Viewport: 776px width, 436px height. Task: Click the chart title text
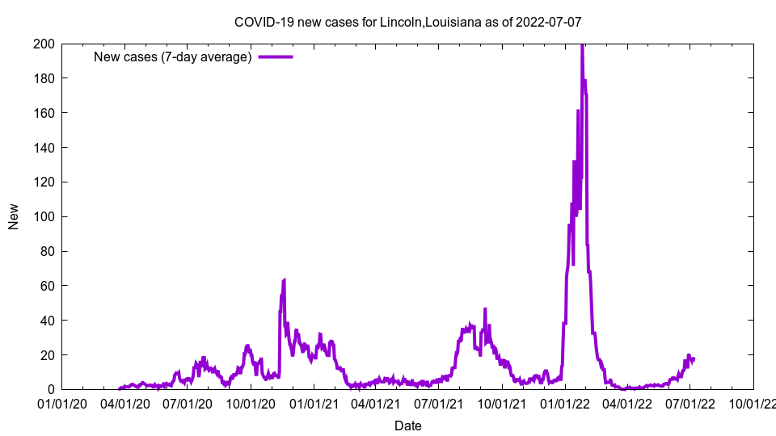pyautogui.click(x=407, y=22)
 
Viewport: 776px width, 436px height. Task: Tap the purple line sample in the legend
pyautogui.click(x=275, y=57)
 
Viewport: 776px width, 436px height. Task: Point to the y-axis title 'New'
pyautogui.click(x=14, y=216)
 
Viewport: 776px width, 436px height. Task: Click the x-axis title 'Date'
pyautogui.click(x=407, y=426)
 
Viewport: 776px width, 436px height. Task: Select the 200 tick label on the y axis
pyautogui.click(x=44, y=44)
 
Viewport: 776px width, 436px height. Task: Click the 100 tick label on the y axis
pyautogui.click(x=44, y=216)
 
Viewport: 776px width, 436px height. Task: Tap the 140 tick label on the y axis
pyautogui.click(x=44, y=148)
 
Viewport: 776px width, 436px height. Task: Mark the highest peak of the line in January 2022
pyautogui.click(x=582, y=45)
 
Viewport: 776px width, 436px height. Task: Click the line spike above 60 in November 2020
pyautogui.click(x=285, y=279)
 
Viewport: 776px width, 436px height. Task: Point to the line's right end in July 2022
pyautogui.click(x=694, y=358)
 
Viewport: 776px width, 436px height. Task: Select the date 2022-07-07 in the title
pyautogui.click(x=550, y=22)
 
